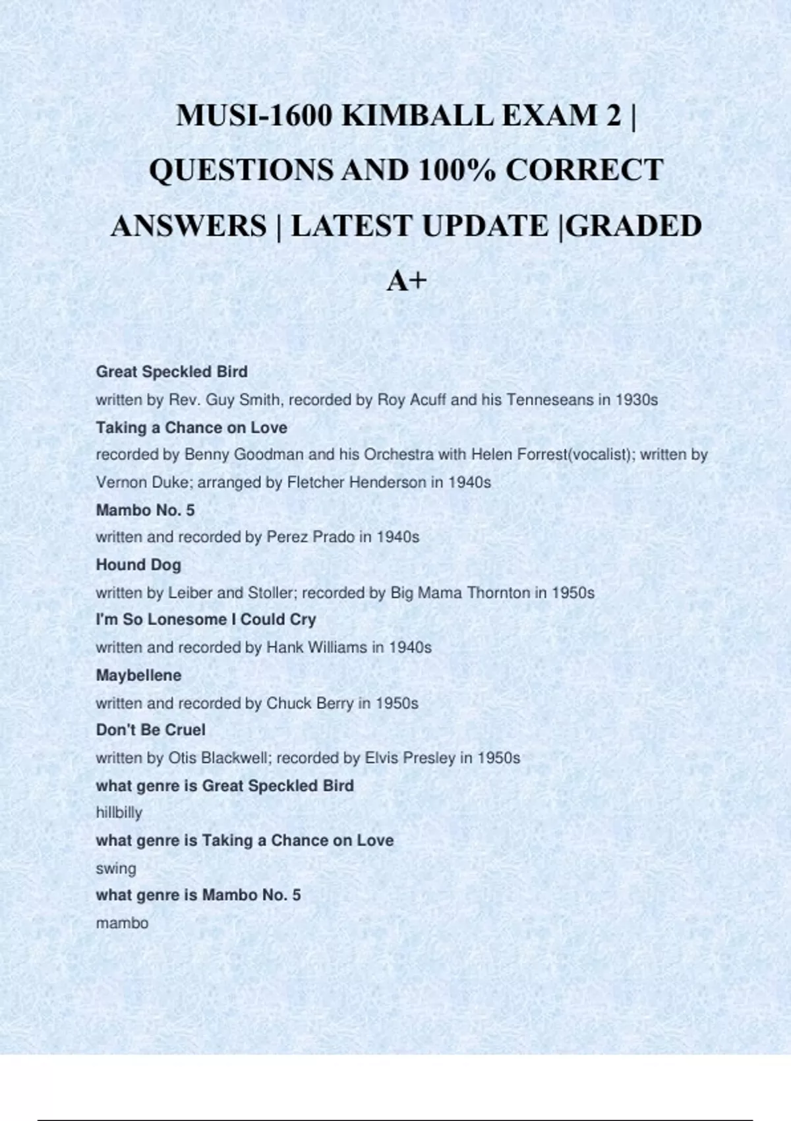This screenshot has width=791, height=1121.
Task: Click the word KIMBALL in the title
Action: [418, 116]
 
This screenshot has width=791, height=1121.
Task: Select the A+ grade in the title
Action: [407, 282]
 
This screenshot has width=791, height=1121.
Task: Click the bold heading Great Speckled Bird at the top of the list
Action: [172, 372]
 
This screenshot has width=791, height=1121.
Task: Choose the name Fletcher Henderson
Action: [357, 483]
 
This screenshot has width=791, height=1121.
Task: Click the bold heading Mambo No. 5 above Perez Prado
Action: [146, 510]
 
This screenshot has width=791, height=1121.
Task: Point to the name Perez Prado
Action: [310, 537]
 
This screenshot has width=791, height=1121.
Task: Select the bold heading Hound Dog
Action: [138, 565]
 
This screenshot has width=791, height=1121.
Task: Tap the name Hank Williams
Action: [316, 648]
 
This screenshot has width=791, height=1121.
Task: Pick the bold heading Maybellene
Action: [138, 675]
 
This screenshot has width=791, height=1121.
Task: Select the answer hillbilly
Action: [119, 813]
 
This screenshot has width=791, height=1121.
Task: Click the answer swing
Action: [116, 868]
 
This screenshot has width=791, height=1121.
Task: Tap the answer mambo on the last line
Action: [122, 923]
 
